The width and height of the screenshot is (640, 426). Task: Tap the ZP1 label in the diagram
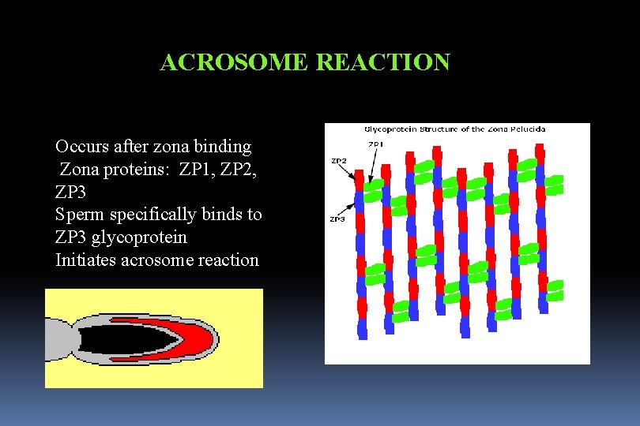point(375,144)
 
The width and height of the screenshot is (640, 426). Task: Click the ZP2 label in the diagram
point(338,161)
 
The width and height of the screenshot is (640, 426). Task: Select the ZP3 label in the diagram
point(337,219)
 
